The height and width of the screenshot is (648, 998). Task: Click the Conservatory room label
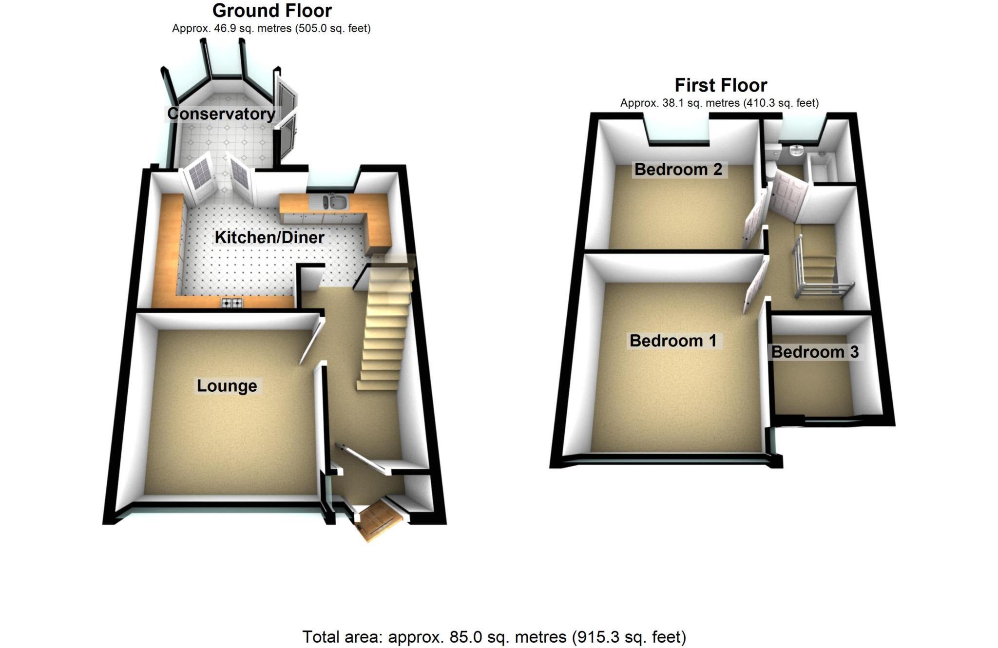[x=221, y=114]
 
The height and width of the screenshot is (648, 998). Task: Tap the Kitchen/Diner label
[x=269, y=237]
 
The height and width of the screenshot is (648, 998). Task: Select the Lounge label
[x=227, y=386]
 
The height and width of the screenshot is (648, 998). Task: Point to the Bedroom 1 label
[x=673, y=341]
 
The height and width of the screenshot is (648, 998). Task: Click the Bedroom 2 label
[x=678, y=170]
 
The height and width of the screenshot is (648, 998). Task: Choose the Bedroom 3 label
[x=815, y=352]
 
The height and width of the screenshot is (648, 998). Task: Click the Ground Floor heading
[x=272, y=10]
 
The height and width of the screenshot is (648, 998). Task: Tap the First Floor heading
[x=721, y=85]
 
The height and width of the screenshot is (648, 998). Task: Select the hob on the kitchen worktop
[x=232, y=303]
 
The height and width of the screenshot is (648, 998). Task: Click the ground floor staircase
[x=386, y=326]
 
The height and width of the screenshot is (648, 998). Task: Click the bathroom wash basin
[x=796, y=151]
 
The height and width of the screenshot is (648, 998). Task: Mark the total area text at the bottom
[x=494, y=637]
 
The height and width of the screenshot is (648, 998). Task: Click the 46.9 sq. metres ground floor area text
[x=271, y=29]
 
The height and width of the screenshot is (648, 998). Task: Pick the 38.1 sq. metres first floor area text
[x=719, y=103]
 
